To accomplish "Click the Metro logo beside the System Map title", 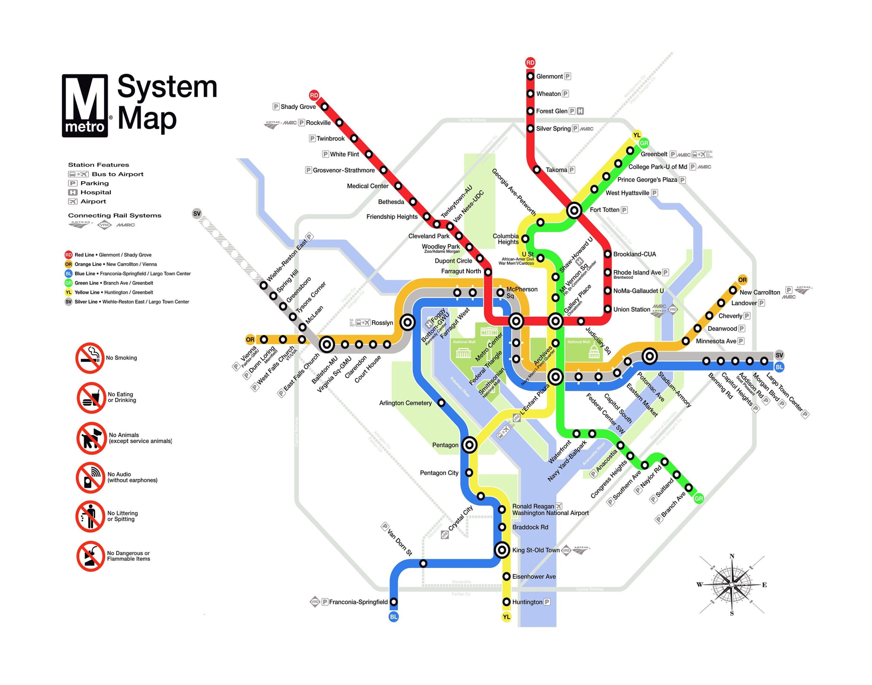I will point(85,106).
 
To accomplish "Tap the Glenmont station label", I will point(549,76).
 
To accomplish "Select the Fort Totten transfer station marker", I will point(574,210).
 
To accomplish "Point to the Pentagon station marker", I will point(469,445).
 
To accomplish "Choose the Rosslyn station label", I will point(382,323).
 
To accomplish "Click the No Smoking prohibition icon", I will point(91,358).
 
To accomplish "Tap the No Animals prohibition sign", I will point(91,438).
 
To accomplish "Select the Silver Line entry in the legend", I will point(127,301).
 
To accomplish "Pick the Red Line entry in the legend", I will point(108,255).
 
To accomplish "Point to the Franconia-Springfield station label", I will point(358,602).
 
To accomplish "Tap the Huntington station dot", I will point(507,602).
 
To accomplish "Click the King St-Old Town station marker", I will point(502,550).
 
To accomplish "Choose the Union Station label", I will point(631,309).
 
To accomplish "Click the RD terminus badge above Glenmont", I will point(530,63).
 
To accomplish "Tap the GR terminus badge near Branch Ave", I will point(699,499).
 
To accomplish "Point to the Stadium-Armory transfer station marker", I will point(649,356).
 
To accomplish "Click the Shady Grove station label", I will point(298,107).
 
